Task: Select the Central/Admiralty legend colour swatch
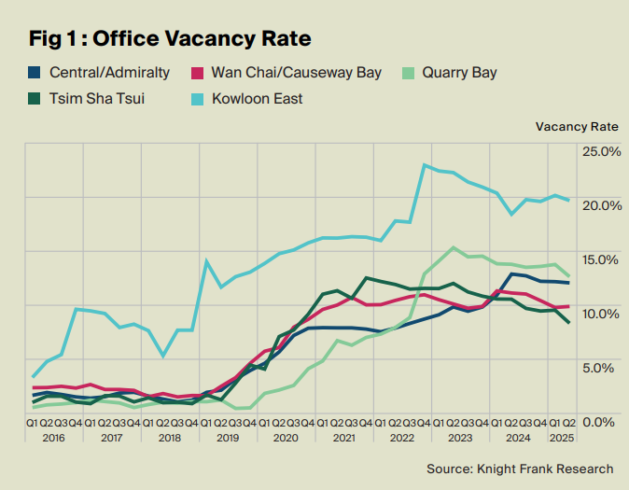35,73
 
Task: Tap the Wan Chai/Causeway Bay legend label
297,73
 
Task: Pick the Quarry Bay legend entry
459,73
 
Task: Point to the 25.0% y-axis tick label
602,151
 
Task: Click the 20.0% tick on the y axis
602,205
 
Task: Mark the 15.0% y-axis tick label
602,259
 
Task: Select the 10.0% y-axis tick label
602,313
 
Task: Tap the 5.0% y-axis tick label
602,367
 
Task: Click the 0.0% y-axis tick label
602,421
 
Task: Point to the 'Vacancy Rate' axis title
577,126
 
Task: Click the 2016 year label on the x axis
54,438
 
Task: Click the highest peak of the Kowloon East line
425,165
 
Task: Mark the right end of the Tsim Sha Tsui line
568,323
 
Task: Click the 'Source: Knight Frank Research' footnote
520,469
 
